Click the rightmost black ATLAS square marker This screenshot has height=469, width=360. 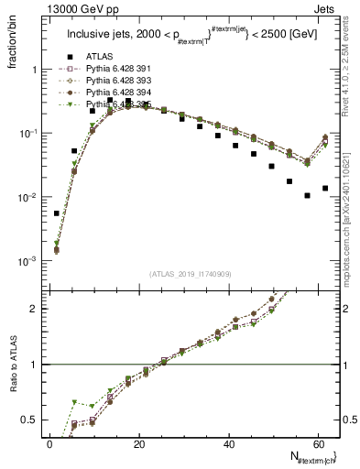click(325, 188)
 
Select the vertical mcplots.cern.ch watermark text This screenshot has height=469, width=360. click(352, 211)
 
